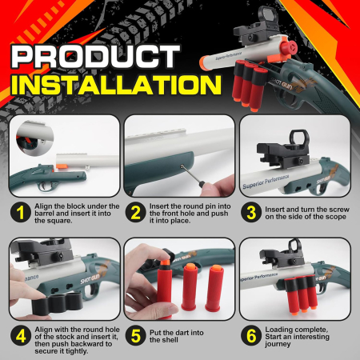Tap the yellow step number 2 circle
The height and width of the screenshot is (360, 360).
point(136,211)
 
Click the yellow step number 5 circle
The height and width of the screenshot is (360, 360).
point(136,334)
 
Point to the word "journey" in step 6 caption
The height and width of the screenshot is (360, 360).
point(282,346)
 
